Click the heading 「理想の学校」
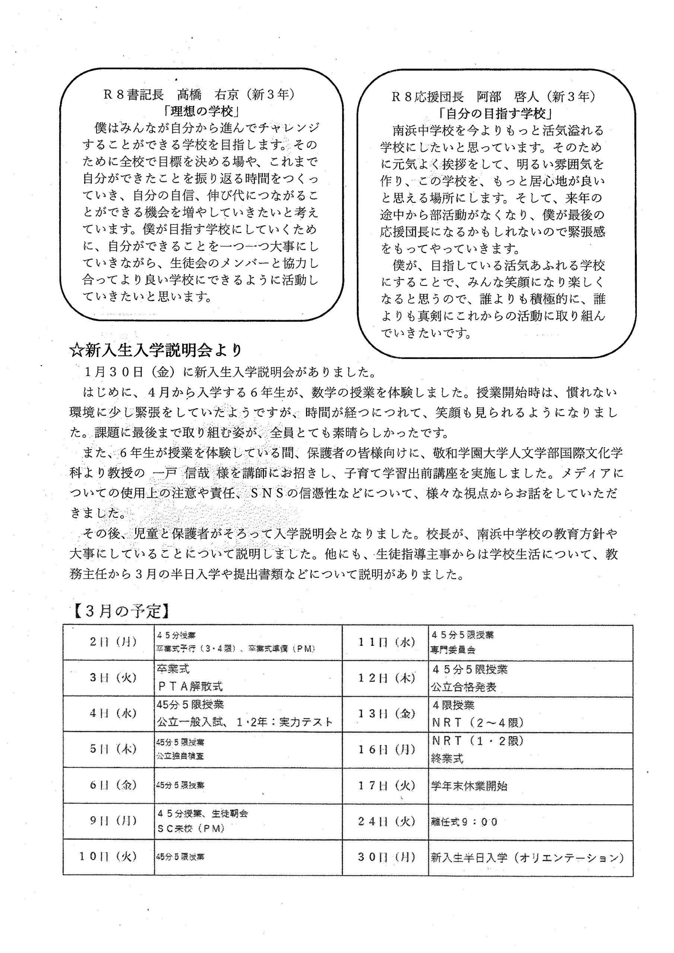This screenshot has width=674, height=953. [202, 111]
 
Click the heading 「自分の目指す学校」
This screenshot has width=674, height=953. [496, 113]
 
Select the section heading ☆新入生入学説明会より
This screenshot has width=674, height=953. [156, 351]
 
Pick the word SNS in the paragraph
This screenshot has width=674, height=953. [267, 494]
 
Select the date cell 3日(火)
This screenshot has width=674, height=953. [113, 678]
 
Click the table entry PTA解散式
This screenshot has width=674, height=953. [190, 686]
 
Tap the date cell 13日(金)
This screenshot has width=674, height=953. [387, 713]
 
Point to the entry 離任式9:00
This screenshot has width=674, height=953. [464, 822]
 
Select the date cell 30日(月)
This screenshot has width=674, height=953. [387, 857]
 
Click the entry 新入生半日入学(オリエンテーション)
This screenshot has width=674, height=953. [527, 858]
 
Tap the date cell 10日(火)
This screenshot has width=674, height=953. [108, 857]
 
